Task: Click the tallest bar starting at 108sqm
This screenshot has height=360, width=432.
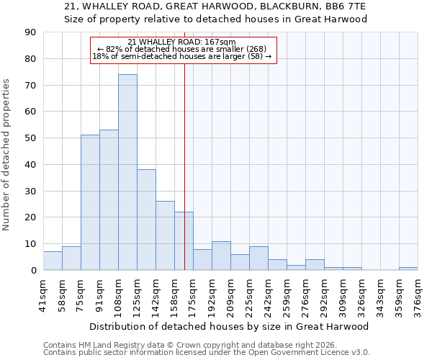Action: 127,173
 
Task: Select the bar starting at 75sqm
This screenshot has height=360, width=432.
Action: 90,202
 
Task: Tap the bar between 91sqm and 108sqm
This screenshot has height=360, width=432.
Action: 109,200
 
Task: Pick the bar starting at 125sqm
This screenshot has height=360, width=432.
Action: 146,220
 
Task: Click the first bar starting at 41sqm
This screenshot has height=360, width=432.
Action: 53,261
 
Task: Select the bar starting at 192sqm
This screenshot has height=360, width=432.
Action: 221,256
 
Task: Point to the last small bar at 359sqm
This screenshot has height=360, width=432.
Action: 408,269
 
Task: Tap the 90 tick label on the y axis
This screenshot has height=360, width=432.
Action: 30,32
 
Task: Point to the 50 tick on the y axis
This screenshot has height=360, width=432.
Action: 30,138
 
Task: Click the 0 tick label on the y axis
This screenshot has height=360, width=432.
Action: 32,271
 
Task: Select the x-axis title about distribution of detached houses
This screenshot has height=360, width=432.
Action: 228,326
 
